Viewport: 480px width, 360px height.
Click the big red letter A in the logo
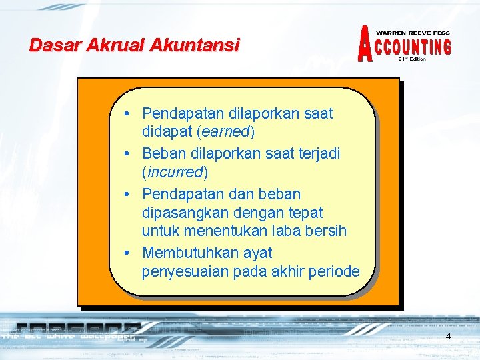[365, 45]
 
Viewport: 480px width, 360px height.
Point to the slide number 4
[448, 336]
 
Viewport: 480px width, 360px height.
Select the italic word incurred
[175, 173]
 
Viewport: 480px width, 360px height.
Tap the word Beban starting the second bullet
[163, 153]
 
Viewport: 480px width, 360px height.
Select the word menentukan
[213, 232]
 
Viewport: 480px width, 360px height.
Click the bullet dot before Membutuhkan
[126, 253]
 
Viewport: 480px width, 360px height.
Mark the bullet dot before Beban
[126, 154]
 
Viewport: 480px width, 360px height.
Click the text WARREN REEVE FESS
[413, 33]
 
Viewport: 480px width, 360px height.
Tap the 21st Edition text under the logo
[412, 59]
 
